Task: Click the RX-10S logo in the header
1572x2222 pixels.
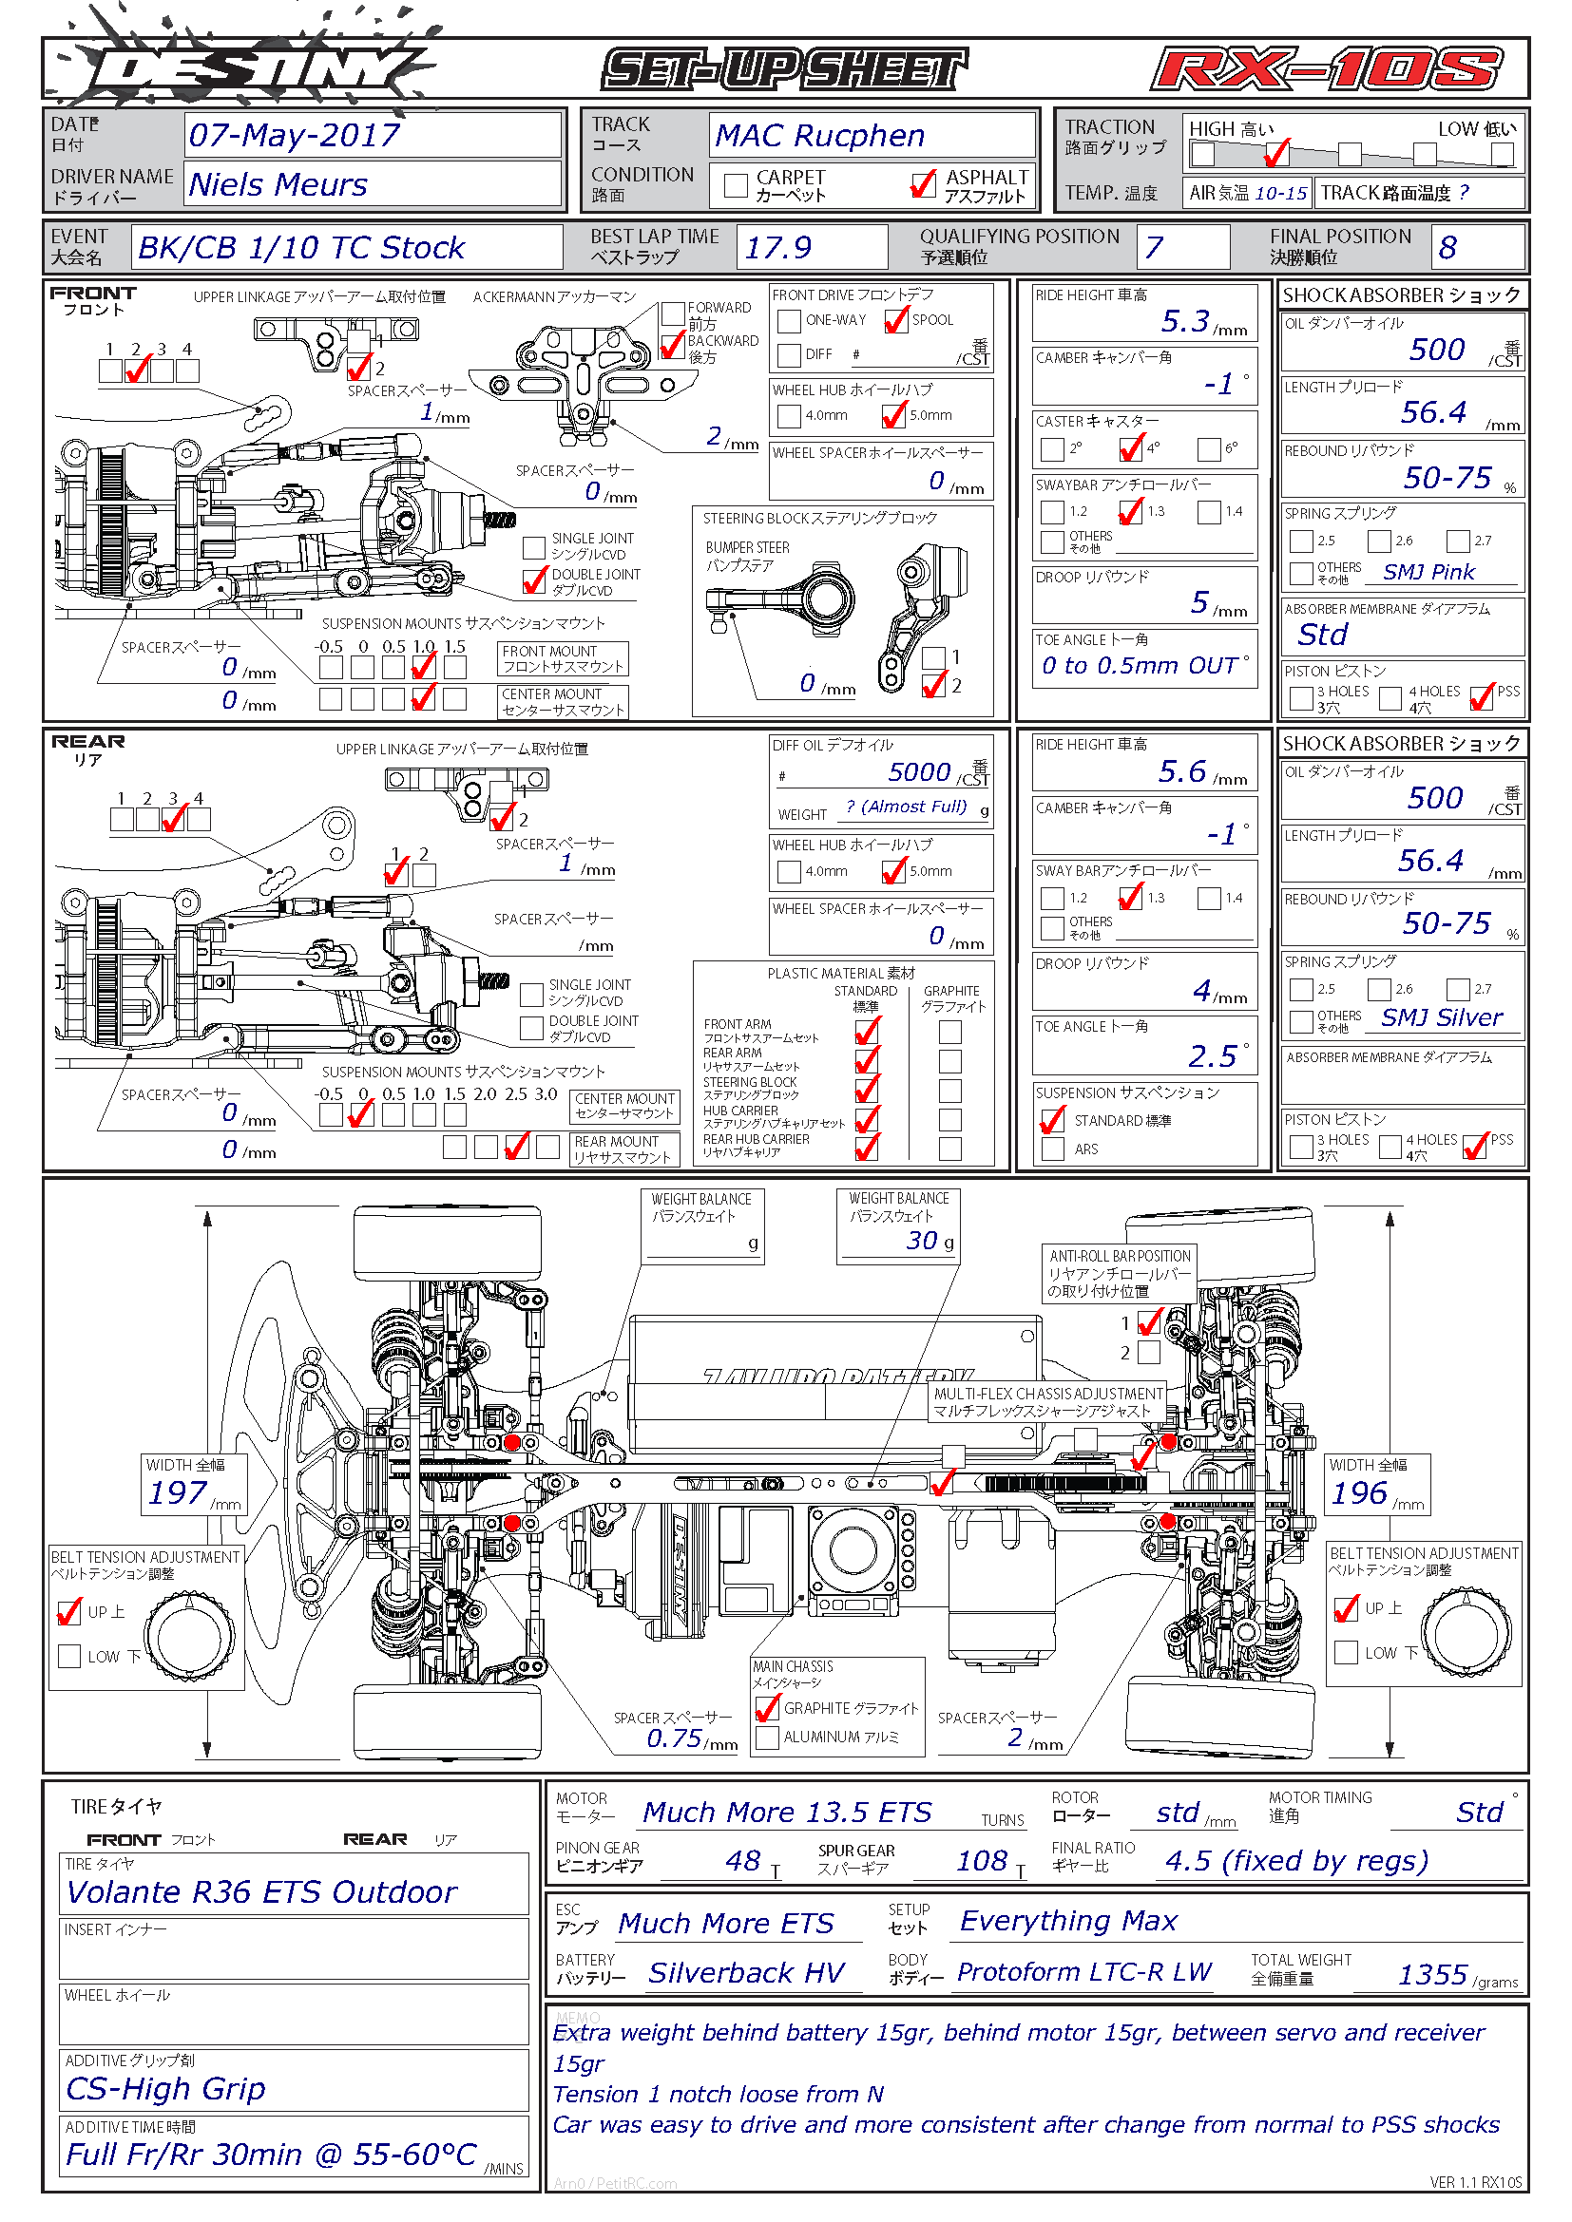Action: coord(1326,69)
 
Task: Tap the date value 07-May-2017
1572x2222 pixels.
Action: coord(294,136)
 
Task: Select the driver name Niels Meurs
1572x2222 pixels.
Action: coord(278,184)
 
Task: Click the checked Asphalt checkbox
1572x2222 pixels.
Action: coord(923,184)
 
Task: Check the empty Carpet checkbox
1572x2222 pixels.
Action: coord(736,185)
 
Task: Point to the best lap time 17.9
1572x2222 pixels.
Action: coord(777,248)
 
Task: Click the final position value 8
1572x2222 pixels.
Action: coord(1447,248)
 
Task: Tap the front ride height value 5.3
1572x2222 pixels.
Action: coord(1186,320)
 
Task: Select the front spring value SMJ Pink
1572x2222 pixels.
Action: coord(1428,572)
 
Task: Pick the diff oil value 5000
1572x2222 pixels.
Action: coord(919,772)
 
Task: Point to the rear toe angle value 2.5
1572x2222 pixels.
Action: coord(1212,1055)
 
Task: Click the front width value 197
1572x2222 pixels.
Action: coord(178,1492)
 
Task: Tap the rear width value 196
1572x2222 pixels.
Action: coord(1359,1492)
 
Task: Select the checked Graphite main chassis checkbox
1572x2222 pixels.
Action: coord(768,1708)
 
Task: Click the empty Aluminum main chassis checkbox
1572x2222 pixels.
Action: coord(768,1738)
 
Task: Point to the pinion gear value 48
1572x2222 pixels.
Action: coord(742,1860)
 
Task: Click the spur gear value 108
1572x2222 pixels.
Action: coord(982,1860)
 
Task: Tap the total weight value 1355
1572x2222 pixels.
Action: coord(1432,1974)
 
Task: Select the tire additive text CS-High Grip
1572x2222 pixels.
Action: coord(165,2087)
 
